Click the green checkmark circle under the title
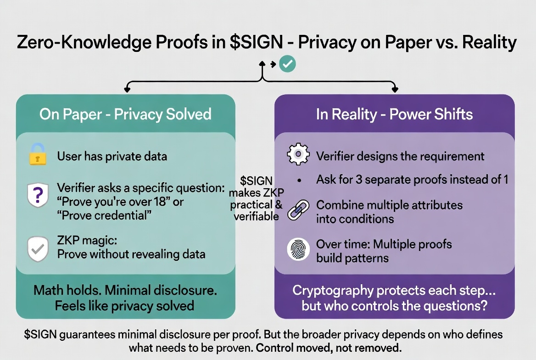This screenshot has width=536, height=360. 288,64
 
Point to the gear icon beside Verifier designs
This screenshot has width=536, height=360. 298,155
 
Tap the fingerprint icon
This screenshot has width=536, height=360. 297,250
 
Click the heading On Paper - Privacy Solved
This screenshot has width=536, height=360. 125,114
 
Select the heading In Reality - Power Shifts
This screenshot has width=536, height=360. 394,114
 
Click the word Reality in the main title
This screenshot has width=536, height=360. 489,43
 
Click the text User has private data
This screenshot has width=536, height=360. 112,156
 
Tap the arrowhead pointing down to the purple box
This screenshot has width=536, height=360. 394,90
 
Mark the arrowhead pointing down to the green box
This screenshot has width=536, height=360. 125,90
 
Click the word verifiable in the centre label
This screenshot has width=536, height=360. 256,216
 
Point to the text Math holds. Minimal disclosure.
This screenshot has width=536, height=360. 125,290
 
